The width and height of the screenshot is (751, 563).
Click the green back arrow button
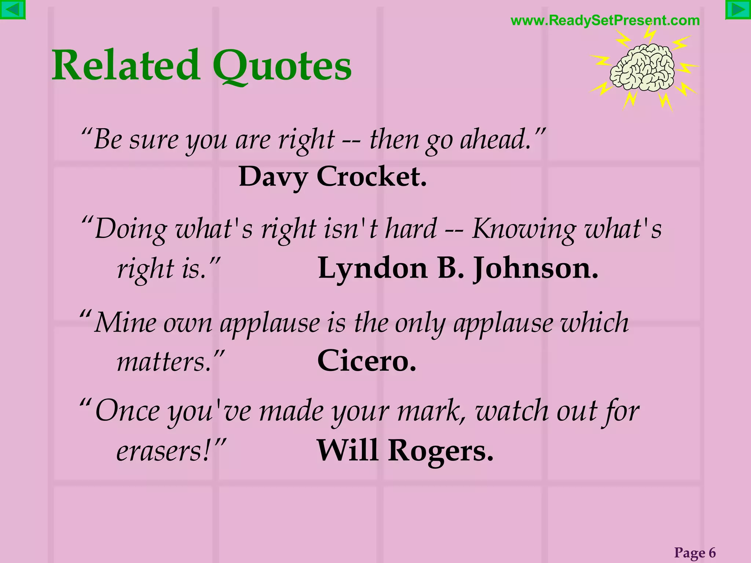coord(12,10)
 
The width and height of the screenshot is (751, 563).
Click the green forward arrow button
coord(738,10)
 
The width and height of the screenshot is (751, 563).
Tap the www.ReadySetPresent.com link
coord(605,21)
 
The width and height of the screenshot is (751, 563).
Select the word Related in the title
coord(126,66)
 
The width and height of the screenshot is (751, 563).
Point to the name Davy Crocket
coord(333,177)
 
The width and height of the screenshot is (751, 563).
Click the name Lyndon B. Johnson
coord(458,269)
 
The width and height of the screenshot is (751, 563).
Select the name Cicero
coord(366,361)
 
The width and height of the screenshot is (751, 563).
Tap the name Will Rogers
coord(405,450)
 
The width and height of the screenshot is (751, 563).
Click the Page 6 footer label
coord(695,552)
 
